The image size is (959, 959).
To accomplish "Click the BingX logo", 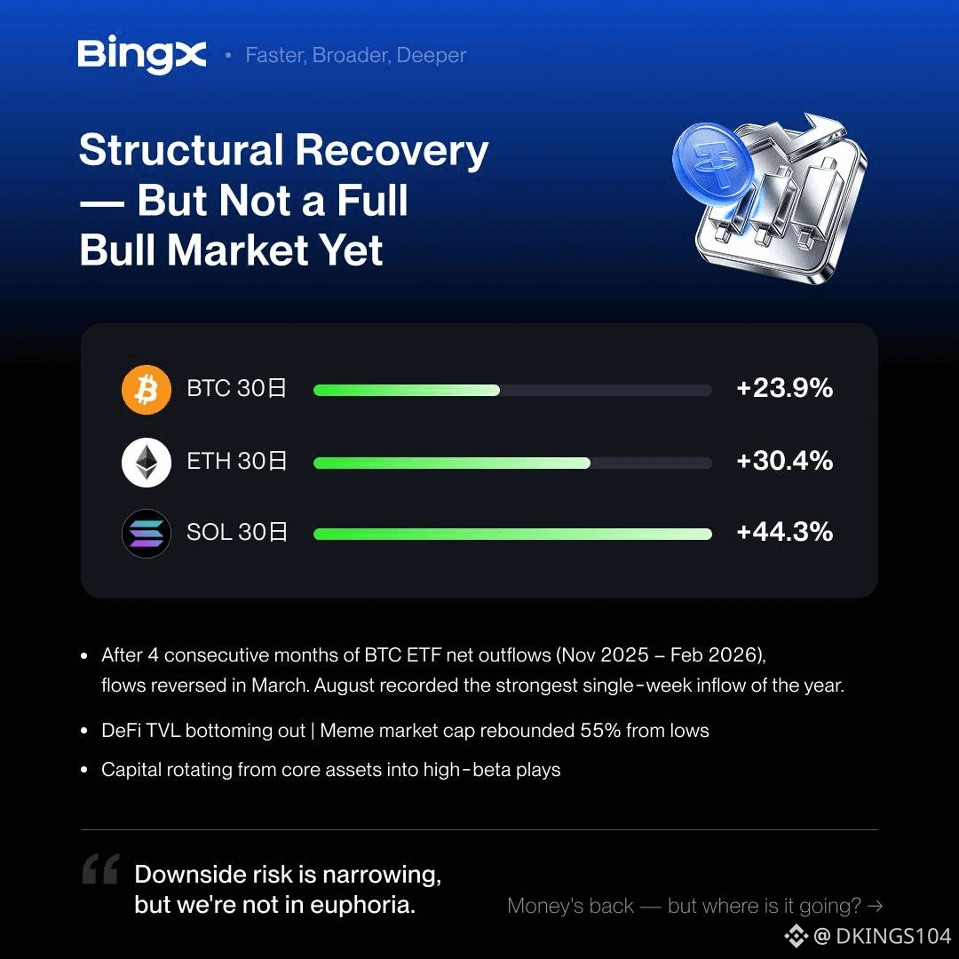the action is coord(142,54).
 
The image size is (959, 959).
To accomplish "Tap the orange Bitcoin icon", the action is coord(147,390).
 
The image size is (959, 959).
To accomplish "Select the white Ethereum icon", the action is coord(147,463).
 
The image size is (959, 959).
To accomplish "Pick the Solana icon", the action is coord(147,534).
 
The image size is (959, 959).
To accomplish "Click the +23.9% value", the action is coord(785,388).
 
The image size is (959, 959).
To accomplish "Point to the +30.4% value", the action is coord(785,461).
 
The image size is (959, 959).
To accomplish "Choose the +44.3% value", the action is coord(785,532).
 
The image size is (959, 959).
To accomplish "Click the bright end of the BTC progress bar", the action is coord(495,390).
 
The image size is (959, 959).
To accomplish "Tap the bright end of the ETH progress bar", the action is coord(586,463).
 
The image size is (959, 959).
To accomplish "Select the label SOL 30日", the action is coord(237,532).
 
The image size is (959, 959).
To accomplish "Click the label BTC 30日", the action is coord(237,388).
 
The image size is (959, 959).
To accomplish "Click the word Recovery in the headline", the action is coord(392,150).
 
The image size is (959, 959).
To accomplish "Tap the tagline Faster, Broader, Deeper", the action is coord(356,55).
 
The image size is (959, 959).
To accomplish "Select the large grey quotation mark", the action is coord(101,868).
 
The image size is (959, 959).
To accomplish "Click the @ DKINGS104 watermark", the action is coord(868,936).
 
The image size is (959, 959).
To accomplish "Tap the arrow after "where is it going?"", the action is coord(876,906).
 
